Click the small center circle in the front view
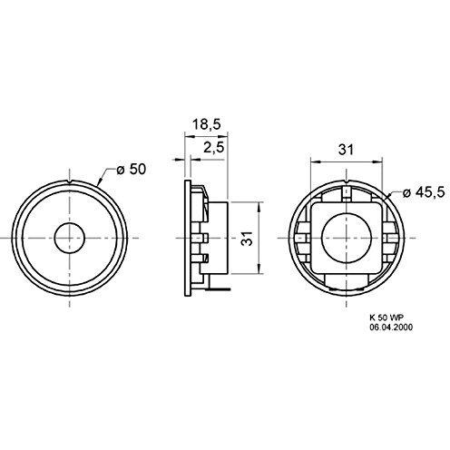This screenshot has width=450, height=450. click(69, 238)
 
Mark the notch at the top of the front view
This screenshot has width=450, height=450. click(69, 185)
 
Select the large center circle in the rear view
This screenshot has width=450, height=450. click(341, 238)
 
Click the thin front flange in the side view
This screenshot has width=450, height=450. click(188, 238)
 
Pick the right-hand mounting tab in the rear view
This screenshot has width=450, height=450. click(386, 238)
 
